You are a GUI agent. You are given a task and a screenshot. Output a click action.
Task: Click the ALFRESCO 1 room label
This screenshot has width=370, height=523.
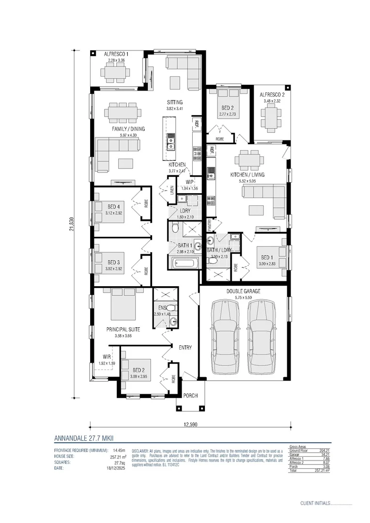point(116,54)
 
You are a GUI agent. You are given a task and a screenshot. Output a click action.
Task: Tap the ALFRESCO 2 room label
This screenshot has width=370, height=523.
point(272,95)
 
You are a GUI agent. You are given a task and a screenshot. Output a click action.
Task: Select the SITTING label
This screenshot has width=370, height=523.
point(175,102)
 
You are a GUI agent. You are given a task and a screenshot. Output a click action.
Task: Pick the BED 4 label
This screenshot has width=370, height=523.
point(114,207)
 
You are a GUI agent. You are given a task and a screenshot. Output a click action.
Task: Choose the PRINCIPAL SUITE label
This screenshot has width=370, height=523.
point(123,329)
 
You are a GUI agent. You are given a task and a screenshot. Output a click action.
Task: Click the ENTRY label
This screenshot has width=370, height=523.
point(185,347)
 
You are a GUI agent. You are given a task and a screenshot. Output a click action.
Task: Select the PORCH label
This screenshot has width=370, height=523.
point(190,396)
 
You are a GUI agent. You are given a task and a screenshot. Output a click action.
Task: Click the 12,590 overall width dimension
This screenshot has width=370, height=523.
point(190,425)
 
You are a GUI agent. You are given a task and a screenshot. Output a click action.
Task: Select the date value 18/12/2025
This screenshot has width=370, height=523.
point(117,468)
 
